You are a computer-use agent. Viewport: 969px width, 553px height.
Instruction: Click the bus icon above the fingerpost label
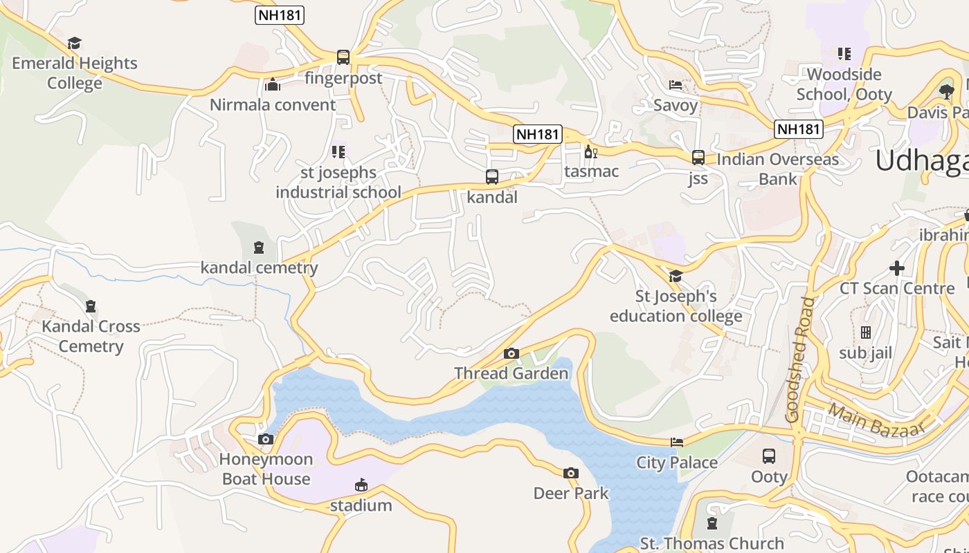(343, 57)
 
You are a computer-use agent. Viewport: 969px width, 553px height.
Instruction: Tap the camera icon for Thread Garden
(511, 353)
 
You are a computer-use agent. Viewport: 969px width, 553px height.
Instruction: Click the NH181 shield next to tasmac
(537, 134)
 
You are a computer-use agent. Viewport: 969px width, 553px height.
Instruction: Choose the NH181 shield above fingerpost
(280, 15)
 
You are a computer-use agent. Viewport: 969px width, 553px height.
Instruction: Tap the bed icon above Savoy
(676, 85)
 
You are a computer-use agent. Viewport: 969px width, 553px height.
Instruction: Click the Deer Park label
(571, 493)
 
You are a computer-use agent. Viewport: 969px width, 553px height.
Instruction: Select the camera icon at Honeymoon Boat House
(265, 439)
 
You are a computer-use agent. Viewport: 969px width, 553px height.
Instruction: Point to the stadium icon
(361, 485)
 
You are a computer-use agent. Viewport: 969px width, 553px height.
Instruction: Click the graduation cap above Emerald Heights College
(75, 43)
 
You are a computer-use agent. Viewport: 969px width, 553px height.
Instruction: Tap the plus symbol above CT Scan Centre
(897, 268)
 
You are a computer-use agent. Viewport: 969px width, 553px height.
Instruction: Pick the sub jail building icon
(865, 332)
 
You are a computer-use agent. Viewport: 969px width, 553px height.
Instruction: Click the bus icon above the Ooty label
(769, 456)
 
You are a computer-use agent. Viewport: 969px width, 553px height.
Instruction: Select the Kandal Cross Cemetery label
(91, 336)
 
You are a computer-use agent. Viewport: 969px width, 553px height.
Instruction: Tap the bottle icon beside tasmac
(590, 151)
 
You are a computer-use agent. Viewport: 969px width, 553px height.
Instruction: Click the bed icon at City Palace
(677, 442)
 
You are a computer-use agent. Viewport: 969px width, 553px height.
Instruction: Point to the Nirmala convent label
(273, 105)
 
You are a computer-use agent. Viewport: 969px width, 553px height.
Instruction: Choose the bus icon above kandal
(492, 177)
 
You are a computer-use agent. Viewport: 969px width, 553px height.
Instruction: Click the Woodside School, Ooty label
(844, 84)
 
